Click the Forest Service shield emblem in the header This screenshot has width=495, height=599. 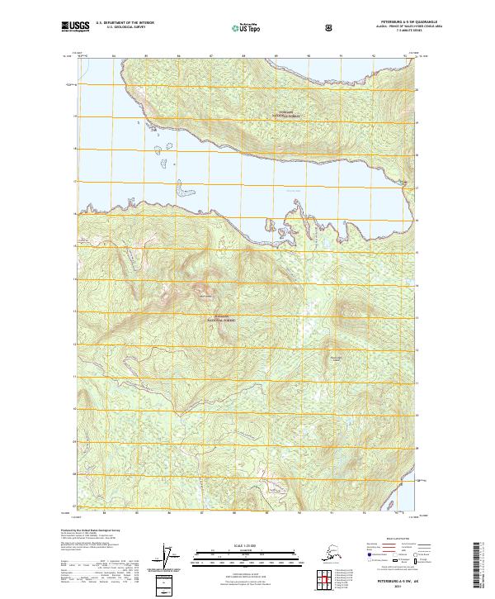329,27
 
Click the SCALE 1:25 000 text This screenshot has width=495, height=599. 247,544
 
